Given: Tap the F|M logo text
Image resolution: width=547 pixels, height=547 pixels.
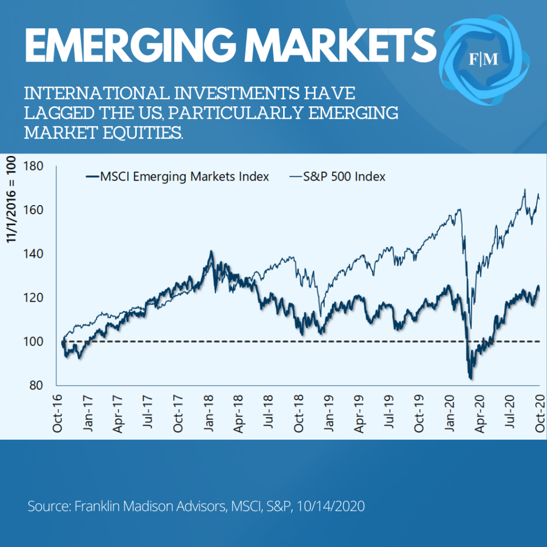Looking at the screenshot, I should (483, 59).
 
